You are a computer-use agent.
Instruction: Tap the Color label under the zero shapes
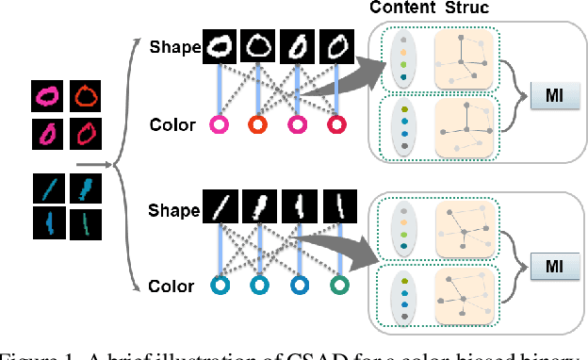coord(173,124)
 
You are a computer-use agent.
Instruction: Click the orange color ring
coord(257,124)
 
